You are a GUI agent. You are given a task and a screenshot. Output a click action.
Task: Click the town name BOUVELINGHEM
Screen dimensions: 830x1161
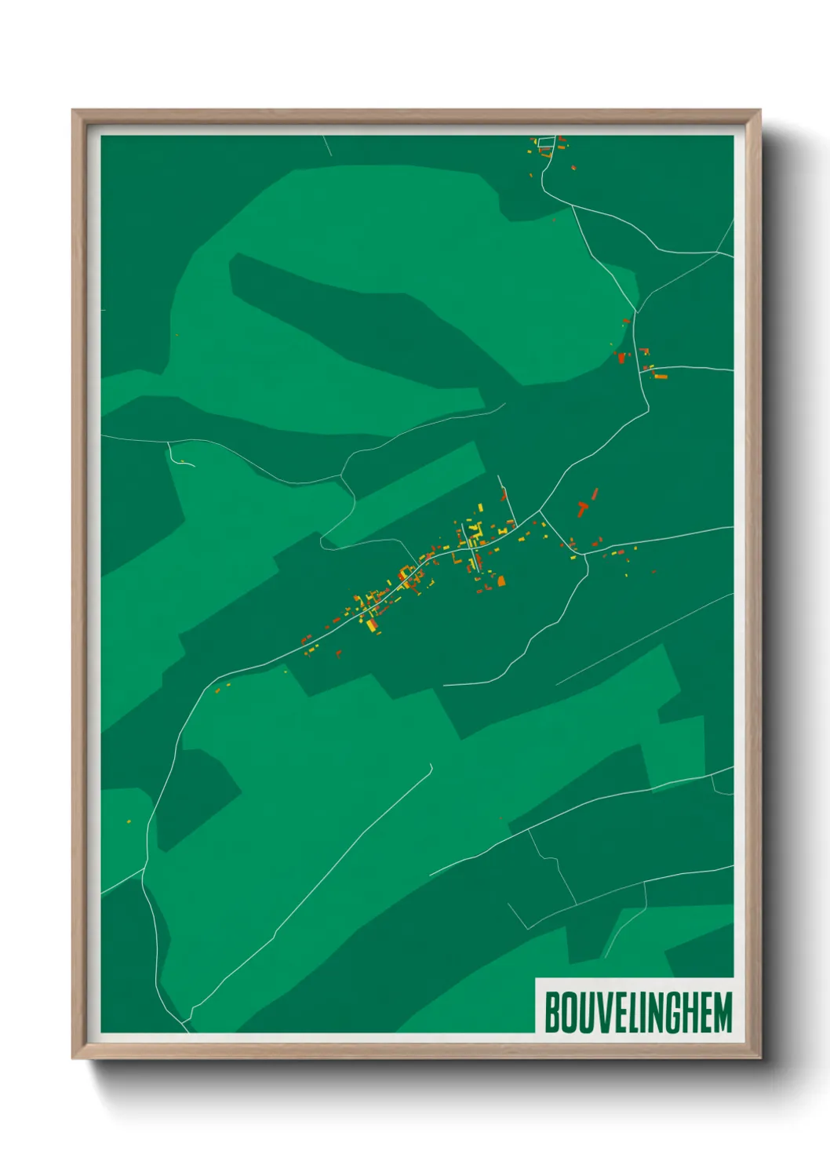tap(637, 1012)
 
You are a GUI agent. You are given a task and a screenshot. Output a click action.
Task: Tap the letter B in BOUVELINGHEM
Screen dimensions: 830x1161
tap(552, 1012)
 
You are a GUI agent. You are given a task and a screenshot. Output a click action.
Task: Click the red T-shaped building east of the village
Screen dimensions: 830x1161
tap(582, 508)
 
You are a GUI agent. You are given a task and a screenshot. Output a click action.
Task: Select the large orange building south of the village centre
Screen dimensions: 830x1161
tap(501, 581)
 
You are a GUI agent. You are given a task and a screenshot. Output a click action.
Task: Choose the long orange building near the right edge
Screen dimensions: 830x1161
tap(661, 377)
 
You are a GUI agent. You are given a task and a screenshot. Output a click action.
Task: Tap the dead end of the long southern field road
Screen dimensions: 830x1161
tap(431, 765)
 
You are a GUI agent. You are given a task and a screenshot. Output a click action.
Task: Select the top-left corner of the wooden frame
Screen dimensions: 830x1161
tap(73, 111)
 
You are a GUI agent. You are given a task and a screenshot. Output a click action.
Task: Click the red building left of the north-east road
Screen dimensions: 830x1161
tap(621, 358)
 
